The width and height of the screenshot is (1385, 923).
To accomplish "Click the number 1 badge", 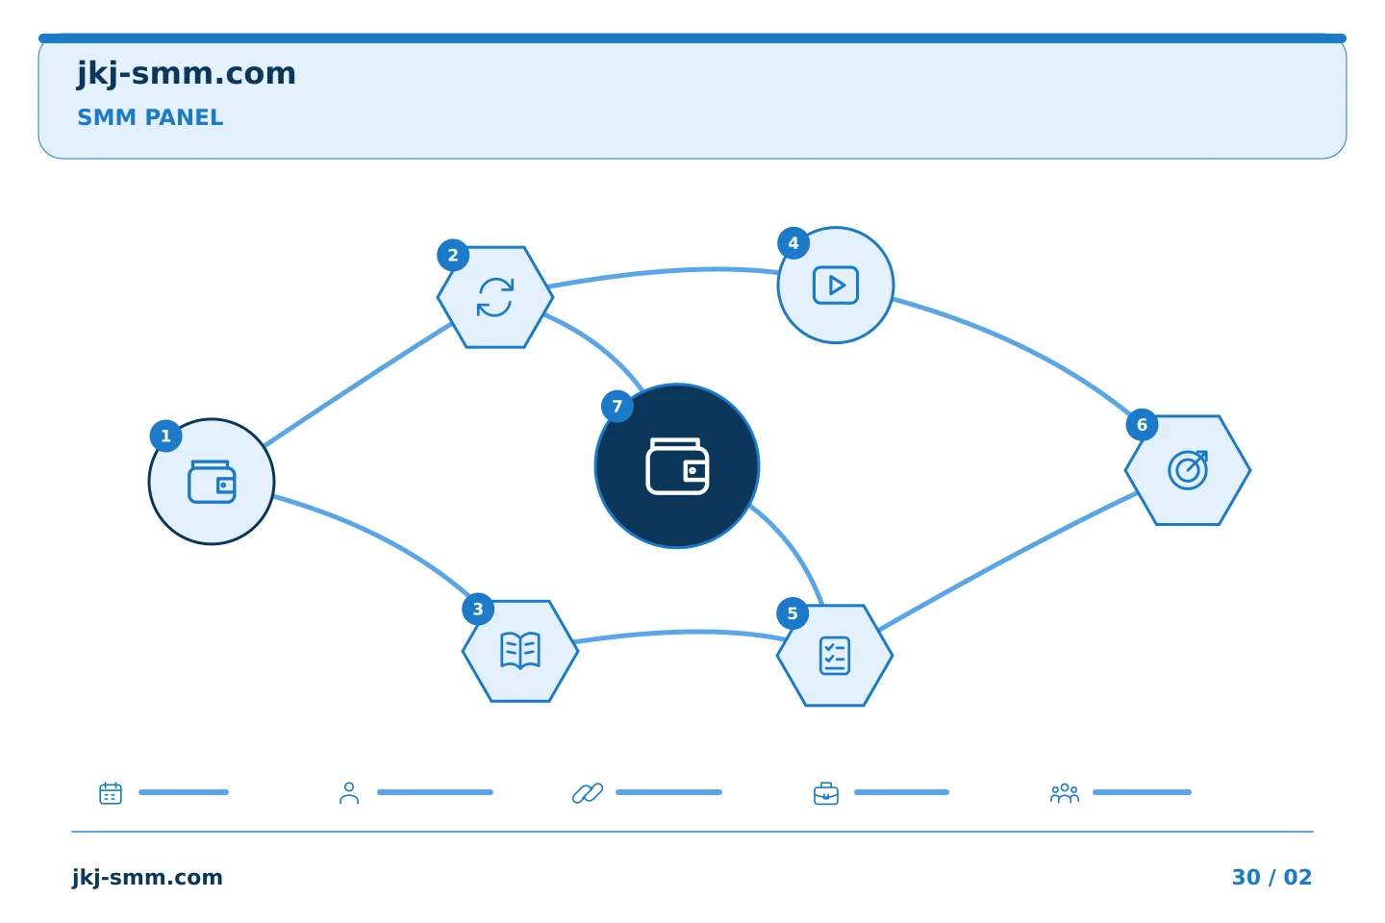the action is click(x=165, y=436).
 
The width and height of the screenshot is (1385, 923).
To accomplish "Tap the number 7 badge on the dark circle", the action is click(x=617, y=406).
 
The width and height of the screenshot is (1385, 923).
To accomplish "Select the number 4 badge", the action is click(x=793, y=243).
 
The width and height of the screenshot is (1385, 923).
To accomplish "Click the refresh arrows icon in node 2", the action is click(x=495, y=297).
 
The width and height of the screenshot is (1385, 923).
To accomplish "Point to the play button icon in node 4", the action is click(x=835, y=285).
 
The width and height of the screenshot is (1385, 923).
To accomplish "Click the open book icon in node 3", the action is click(x=520, y=650).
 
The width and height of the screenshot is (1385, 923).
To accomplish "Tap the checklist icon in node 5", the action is click(x=835, y=656).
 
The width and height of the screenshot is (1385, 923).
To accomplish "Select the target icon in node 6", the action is click(x=1188, y=470).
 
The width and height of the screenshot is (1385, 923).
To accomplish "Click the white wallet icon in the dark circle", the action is click(x=677, y=466).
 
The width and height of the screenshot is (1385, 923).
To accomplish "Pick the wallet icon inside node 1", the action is click(x=212, y=482).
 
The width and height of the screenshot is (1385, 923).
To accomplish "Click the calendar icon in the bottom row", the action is click(x=111, y=792).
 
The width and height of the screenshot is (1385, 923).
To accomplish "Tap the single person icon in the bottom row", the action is click(x=349, y=792).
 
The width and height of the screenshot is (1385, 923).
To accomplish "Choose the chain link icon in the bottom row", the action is click(x=588, y=792).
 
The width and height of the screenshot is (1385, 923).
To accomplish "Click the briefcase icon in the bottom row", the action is click(x=826, y=793).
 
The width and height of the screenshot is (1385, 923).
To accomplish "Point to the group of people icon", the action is click(x=1064, y=793).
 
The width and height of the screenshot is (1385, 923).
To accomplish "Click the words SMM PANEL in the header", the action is click(x=150, y=117).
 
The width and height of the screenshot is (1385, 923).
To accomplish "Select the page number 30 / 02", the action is click(x=1272, y=877).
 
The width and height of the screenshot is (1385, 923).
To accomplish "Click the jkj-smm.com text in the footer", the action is click(x=147, y=878).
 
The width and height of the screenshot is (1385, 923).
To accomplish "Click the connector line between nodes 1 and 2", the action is click(x=358, y=385).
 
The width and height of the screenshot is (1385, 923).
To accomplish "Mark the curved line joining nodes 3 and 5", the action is click(x=680, y=633).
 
